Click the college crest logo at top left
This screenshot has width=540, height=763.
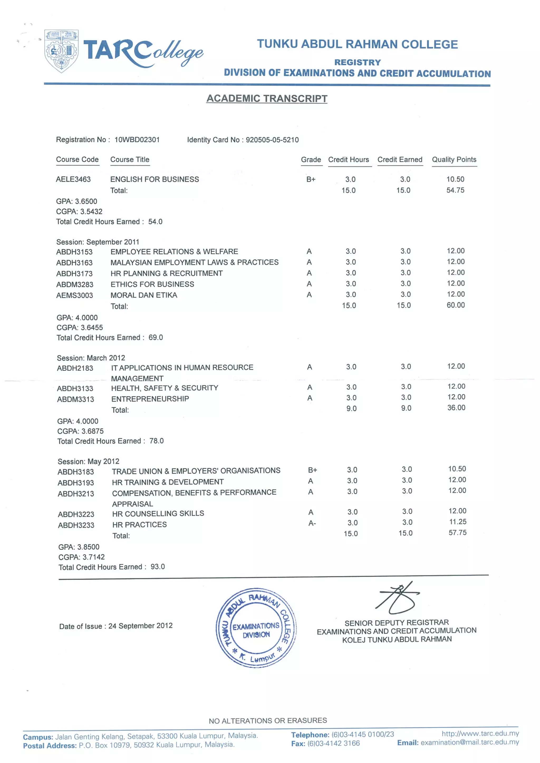click(61, 51)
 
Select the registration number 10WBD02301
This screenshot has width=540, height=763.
click(137, 140)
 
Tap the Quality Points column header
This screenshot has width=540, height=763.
click(454, 160)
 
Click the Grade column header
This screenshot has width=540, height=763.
click(311, 160)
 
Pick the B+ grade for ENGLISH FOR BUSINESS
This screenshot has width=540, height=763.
click(311, 179)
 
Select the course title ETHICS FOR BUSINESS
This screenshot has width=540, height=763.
click(152, 284)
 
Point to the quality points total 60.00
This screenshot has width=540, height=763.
click(455, 305)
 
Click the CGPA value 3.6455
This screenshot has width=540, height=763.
click(92, 328)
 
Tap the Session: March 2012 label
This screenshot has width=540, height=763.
click(91, 358)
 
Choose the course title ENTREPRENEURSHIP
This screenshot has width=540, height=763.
click(150, 399)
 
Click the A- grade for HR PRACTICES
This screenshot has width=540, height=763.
click(312, 523)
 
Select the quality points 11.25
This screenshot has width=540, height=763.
click(457, 522)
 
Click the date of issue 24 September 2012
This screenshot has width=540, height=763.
click(141, 626)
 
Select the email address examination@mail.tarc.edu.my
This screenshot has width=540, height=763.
click(469, 742)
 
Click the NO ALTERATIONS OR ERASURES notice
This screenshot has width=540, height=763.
click(268, 720)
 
